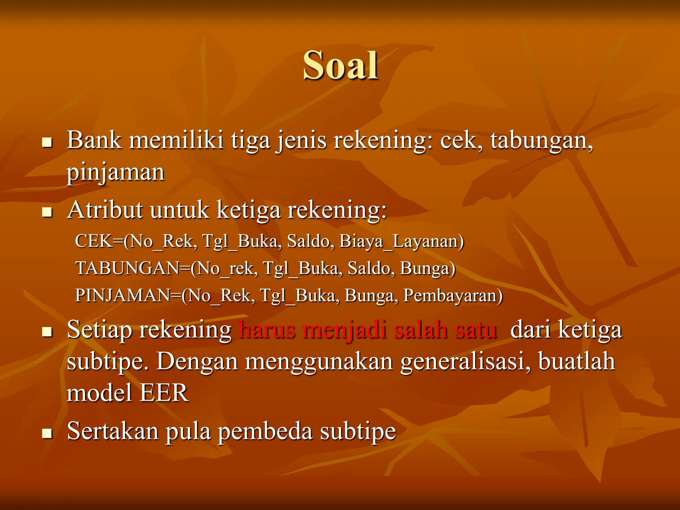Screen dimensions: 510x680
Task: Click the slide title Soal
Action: (x=340, y=65)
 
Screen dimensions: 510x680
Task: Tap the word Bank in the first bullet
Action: (x=94, y=140)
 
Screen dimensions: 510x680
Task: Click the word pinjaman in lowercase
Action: (x=116, y=173)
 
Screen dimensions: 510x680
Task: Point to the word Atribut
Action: (x=105, y=210)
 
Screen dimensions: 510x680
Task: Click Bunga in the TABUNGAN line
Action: (x=427, y=268)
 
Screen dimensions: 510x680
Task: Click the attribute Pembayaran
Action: (x=453, y=296)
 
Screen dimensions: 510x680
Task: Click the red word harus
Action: (x=267, y=330)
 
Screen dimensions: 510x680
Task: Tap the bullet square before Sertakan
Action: (x=47, y=433)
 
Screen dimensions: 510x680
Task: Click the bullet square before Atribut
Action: (x=47, y=212)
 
